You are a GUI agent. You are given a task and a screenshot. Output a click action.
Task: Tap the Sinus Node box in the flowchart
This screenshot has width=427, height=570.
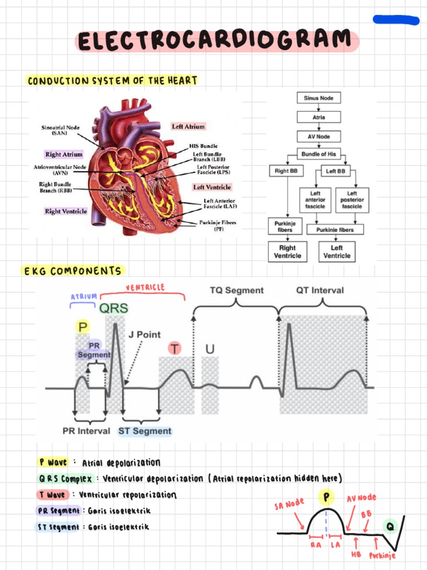coord(319,98)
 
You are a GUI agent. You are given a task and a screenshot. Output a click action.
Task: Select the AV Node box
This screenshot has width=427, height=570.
coord(319,136)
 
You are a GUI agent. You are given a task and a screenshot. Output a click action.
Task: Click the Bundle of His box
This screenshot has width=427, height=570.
coord(319,154)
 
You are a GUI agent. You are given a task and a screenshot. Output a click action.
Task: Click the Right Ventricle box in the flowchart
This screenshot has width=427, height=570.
coord(287,252)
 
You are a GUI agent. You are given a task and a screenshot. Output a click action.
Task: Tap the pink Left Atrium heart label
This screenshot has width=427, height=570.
coord(188,126)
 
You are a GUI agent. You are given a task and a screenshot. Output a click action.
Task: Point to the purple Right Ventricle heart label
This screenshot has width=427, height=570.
coord(66,211)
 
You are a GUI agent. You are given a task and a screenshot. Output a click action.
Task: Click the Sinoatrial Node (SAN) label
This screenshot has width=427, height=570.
coord(60,130)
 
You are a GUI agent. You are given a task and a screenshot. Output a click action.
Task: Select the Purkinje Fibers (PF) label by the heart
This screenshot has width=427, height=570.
coord(217,225)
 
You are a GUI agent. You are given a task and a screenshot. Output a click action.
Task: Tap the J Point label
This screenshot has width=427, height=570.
coord(145,335)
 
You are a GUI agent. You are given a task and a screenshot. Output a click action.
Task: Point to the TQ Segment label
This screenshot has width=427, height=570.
coord(236,290)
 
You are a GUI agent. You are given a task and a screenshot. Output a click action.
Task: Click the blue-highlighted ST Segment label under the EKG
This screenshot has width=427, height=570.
coord(145,431)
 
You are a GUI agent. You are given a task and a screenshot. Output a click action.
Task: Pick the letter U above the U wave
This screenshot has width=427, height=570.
coord(210,348)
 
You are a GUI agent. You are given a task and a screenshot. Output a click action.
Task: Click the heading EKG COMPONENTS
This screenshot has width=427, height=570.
coord(72,271)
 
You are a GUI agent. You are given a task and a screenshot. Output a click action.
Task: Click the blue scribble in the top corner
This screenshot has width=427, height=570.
coord(395,21)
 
